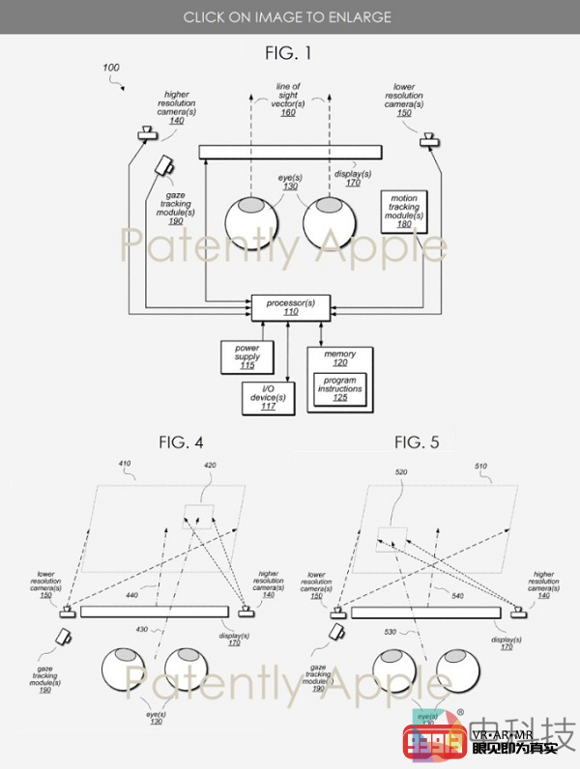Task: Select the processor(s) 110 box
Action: (290, 308)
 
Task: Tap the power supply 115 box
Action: (246, 357)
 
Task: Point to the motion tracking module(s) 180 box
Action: (404, 211)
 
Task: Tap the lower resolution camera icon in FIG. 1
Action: (427, 142)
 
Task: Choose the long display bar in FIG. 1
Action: (290, 152)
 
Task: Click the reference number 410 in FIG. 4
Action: (124, 465)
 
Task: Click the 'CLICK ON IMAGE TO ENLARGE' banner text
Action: (289, 16)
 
